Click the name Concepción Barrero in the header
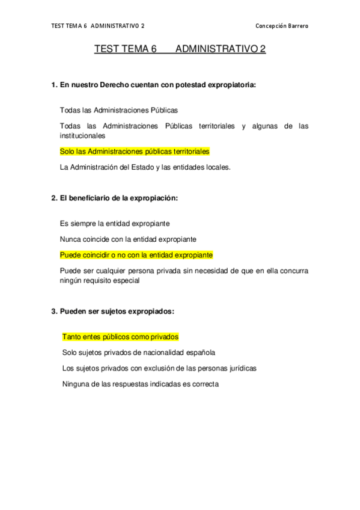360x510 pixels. point(282,26)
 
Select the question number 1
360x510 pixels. point(53,85)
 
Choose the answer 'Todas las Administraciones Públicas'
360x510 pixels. point(119,111)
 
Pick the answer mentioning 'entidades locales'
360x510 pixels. point(145,167)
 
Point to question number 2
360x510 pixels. point(53,198)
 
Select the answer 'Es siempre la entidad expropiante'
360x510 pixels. point(114,223)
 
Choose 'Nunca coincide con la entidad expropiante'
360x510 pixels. point(128,239)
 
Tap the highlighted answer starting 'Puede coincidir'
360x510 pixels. point(136,254)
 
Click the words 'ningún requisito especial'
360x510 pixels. point(100,280)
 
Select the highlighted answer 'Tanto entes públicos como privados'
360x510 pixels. point(121,337)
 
